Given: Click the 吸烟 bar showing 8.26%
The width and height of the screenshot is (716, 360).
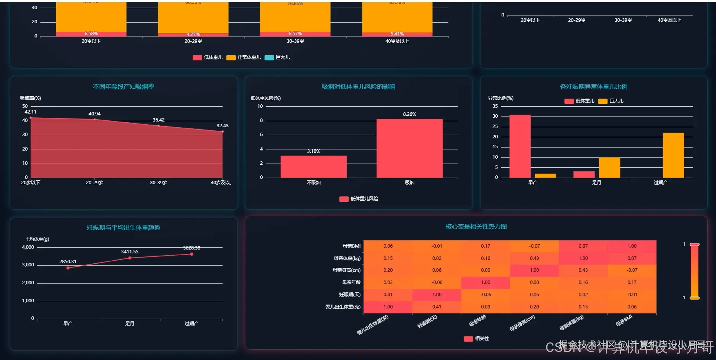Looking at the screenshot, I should (409, 148).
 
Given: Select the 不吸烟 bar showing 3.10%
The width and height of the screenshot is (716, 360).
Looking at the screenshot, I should (313, 167).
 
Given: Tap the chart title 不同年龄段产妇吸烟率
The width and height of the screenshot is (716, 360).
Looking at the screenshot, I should (123, 87).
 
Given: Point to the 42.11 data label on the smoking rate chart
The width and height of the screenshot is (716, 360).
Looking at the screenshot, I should (31, 112).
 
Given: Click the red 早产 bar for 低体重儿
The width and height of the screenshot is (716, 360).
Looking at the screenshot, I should (520, 146).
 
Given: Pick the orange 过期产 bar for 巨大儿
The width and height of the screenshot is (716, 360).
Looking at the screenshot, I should (673, 155).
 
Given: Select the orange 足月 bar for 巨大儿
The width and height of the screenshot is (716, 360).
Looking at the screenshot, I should (609, 167).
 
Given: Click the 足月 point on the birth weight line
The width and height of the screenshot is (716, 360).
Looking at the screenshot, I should (130, 258).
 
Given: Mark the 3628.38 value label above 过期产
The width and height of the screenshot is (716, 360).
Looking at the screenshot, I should (192, 248).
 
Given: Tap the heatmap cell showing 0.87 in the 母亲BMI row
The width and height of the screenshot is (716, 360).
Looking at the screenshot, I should (583, 246).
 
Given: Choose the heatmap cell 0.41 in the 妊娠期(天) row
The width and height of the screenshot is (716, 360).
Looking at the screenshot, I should (388, 295).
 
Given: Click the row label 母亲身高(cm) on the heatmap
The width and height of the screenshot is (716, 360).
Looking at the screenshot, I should (346, 270).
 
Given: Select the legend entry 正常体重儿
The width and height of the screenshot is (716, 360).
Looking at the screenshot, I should (244, 57).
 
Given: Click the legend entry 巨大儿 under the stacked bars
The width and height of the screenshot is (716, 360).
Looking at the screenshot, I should (278, 57).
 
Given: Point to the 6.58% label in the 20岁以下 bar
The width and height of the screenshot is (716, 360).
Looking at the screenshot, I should (91, 34).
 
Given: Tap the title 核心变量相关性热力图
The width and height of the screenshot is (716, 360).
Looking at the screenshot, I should (476, 227).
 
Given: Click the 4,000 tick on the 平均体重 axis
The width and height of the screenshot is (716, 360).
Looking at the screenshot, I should (28, 247).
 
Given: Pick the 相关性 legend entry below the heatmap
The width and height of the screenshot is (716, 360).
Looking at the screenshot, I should (476, 339).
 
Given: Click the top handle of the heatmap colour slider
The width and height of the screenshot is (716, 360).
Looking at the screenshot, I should (695, 245).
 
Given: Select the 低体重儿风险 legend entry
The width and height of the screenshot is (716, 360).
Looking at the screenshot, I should (359, 199).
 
